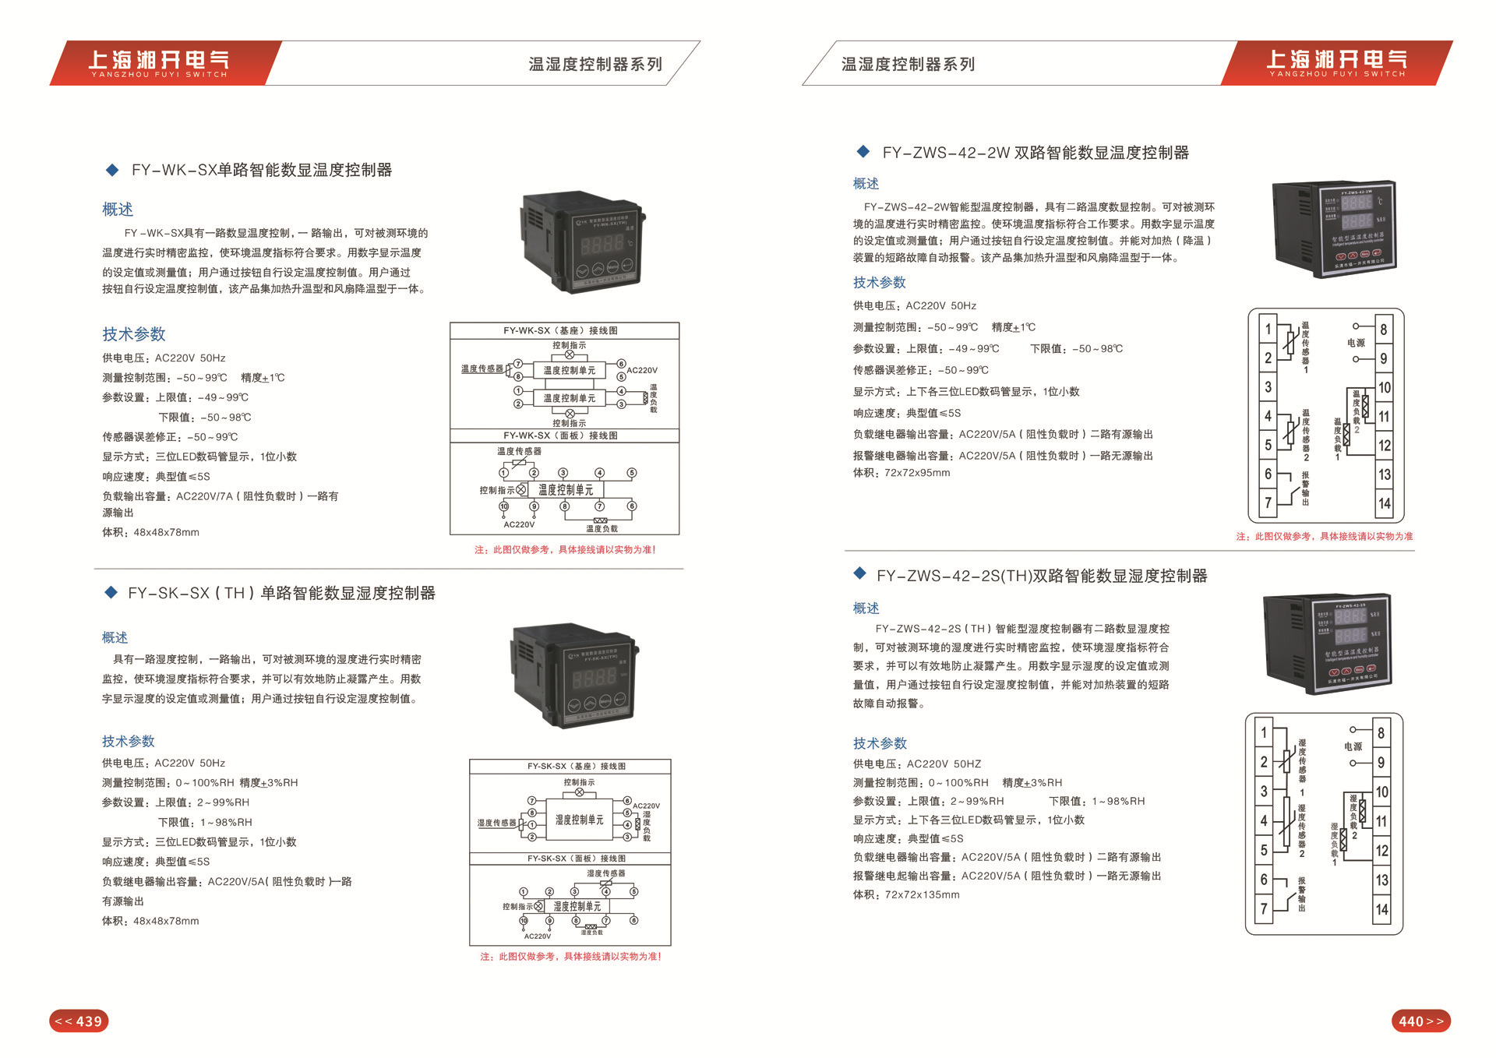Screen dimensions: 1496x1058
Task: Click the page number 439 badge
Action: tap(79, 1021)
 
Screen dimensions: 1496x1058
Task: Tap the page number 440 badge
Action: tap(1420, 1021)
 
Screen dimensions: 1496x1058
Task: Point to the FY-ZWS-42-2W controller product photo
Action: tap(1332, 229)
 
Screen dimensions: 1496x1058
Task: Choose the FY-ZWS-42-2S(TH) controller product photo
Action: tap(1327, 644)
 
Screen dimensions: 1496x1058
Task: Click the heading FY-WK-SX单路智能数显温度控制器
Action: tap(262, 170)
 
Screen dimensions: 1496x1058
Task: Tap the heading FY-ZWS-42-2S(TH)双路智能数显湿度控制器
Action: tap(1042, 576)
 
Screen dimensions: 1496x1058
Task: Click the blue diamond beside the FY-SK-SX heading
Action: tap(111, 593)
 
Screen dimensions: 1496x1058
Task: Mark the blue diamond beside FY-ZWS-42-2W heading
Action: tap(863, 151)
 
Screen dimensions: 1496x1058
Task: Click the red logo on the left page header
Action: tap(160, 62)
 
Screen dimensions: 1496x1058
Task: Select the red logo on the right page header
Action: tap(1337, 62)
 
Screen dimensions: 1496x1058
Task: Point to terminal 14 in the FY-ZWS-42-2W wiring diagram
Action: tap(1384, 503)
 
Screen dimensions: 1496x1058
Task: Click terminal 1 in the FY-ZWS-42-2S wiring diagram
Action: tap(1264, 732)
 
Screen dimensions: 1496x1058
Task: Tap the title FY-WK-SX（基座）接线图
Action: tap(560, 330)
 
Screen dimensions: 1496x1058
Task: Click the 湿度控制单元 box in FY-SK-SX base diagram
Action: tap(579, 820)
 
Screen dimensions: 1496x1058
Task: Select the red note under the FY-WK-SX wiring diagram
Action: tap(565, 550)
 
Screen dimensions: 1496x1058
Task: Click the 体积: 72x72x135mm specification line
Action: tap(906, 895)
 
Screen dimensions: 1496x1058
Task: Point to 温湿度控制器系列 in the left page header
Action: tap(595, 64)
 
